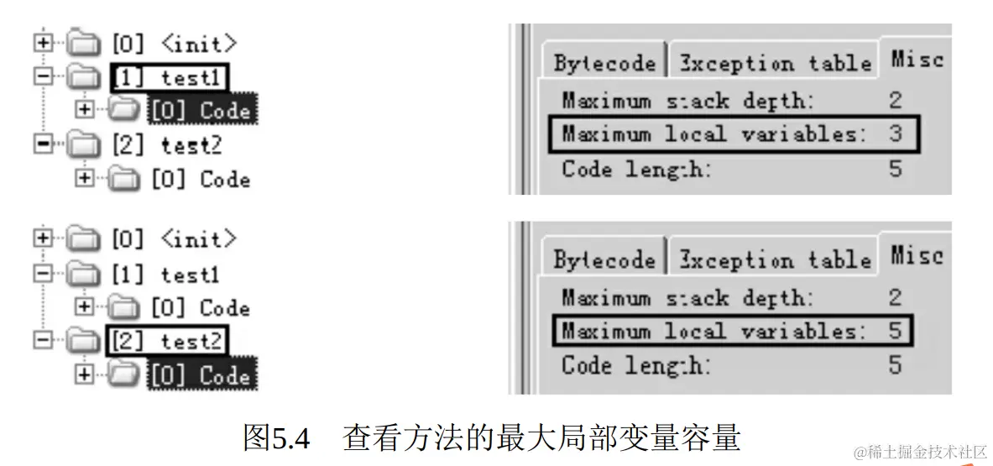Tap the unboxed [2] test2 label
(167, 144)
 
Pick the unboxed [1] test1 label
(165, 274)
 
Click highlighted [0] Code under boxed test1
(202, 110)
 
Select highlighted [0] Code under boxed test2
(202, 374)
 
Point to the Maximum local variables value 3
(896, 134)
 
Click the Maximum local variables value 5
(896, 331)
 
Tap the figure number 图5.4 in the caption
(276, 437)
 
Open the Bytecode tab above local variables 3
(604, 64)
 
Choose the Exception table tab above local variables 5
(774, 259)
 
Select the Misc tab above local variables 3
(917, 60)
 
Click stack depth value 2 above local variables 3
(896, 102)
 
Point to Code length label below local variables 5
(635, 364)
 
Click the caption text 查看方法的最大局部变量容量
(541, 437)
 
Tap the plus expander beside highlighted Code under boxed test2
(84, 374)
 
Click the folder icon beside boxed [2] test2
(82, 341)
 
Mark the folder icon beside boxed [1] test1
(82, 77)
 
